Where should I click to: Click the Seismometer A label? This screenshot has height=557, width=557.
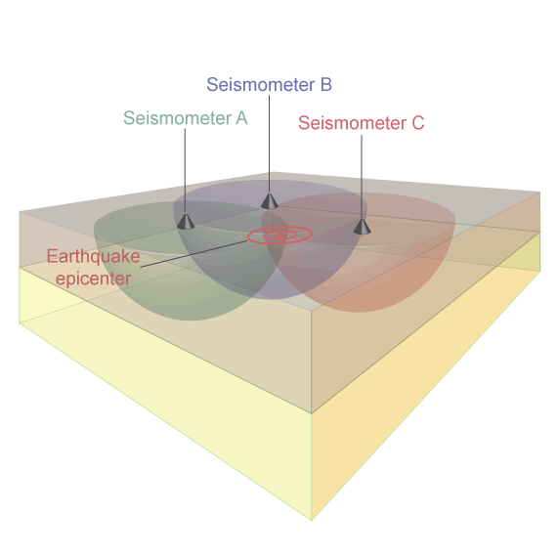(185, 118)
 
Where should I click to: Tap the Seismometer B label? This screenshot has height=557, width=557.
(270, 85)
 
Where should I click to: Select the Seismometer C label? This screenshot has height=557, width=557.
(362, 123)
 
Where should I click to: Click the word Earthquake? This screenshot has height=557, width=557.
(94, 256)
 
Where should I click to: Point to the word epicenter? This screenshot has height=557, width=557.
(94, 278)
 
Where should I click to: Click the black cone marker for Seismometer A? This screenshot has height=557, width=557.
(186, 221)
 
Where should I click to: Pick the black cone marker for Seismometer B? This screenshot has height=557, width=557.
(270, 201)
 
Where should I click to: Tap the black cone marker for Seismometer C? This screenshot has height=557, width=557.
(362, 227)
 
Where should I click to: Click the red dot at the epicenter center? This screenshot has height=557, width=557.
(279, 236)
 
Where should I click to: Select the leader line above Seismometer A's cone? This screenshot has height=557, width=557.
(185, 171)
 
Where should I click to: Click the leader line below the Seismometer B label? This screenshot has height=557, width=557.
(269, 145)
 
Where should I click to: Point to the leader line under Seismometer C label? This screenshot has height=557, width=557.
(362, 177)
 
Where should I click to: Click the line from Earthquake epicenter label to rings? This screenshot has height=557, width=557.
(193, 254)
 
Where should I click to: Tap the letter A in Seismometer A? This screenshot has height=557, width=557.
(241, 118)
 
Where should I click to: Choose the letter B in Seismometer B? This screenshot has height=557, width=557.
(326, 85)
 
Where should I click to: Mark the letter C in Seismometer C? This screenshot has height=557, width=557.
(418, 123)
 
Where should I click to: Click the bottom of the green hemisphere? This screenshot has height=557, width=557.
(190, 321)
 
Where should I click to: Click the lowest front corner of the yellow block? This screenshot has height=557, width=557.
(312, 520)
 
